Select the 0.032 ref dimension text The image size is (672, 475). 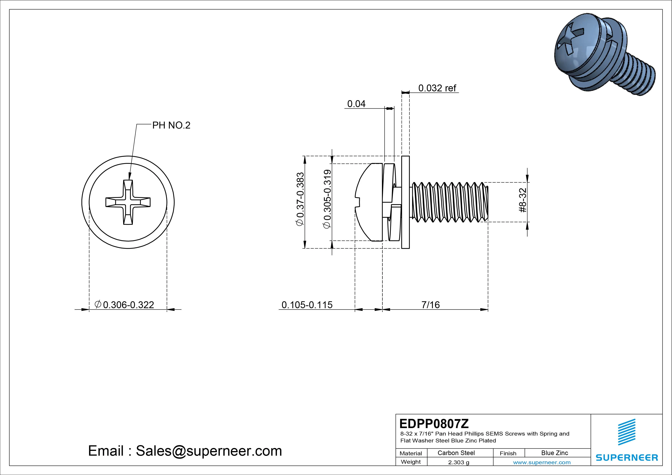[437, 88]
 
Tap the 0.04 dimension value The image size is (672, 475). [356, 104]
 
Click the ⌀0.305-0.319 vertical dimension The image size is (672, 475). [327, 199]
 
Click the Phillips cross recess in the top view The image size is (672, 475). [128, 202]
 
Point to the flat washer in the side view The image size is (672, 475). [405, 202]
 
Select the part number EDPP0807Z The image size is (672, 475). [434, 423]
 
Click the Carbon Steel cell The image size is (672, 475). [456, 453]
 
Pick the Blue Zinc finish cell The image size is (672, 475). [554, 453]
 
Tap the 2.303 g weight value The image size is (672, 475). [458, 462]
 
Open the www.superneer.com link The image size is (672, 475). [542, 462]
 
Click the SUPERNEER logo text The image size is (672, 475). [627, 457]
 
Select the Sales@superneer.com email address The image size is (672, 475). [208, 451]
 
